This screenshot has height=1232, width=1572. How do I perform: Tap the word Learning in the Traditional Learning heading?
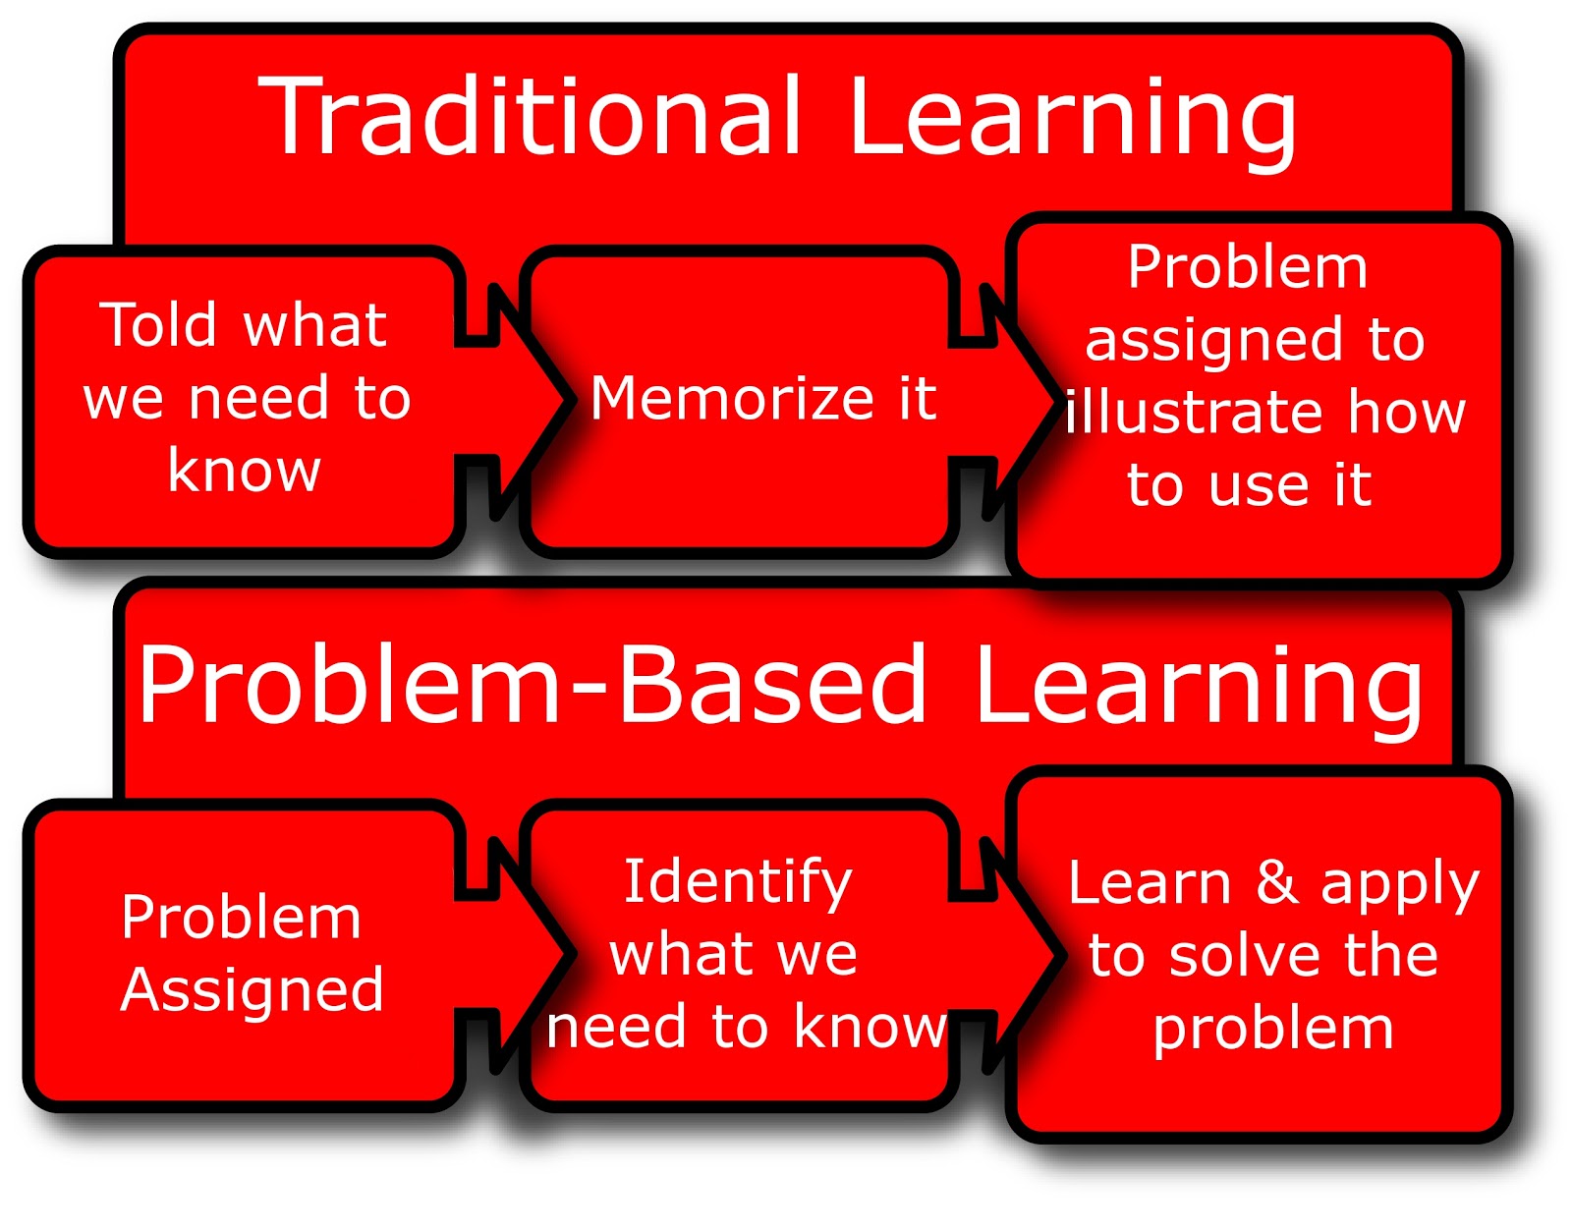(1071, 120)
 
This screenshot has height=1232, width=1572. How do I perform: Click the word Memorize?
(732, 399)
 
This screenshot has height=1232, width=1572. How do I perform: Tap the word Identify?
(738, 881)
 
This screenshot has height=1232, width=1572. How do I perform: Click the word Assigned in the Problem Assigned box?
(253, 990)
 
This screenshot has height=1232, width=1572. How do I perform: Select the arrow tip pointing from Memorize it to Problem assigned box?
(1053, 400)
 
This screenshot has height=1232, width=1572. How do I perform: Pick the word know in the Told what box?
(245, 471)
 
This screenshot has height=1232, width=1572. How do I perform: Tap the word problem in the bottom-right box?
(1273, 1030)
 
